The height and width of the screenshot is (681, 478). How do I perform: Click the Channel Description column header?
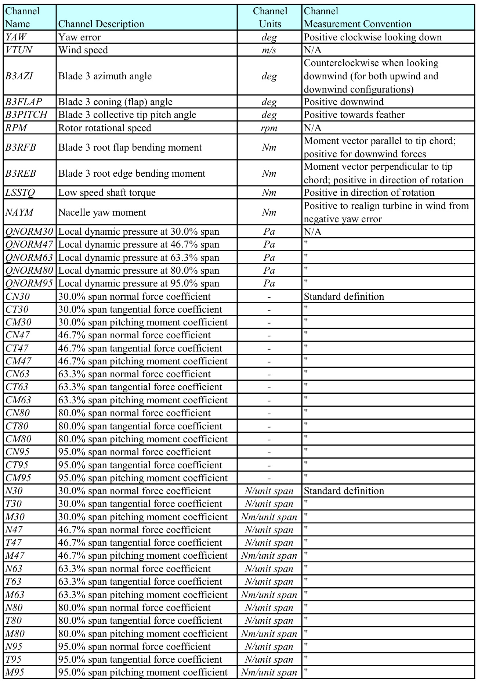click(x=101, y=24)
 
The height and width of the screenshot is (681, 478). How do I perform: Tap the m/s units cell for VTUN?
click(x=269, y=50)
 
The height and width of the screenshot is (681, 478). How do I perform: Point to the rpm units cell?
click(x=269, y=128)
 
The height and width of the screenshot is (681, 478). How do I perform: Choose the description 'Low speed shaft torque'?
click(x=107, y=192)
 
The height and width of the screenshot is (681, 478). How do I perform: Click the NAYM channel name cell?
click(x=19, y=212)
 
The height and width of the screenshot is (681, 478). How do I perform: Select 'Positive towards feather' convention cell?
click(x=354, y=115)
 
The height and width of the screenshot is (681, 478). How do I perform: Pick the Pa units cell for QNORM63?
click(x=269, y=257)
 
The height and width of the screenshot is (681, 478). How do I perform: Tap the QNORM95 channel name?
click(x=29, y=283)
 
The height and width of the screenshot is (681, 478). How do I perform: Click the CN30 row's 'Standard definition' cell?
click(x=344, y=296)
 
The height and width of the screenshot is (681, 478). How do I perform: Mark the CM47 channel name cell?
click(x=18, y=361)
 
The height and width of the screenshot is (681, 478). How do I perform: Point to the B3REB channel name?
click(x=21, y=173)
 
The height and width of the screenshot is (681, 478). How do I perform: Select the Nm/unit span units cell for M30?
click(x=269, y=517)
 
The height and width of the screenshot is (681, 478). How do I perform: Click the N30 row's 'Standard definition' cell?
click(x=344, y=491)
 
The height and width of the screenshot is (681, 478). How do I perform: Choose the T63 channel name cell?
click(x=14, y=581)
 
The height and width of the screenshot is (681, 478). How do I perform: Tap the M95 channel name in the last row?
click(x=15, y=672)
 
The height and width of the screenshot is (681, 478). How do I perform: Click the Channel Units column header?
click(x=270, y=18)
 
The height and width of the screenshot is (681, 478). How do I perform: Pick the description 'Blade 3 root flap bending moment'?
click(x=130, y=147)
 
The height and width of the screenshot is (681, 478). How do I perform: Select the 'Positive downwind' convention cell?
click(x=344, y=102)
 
